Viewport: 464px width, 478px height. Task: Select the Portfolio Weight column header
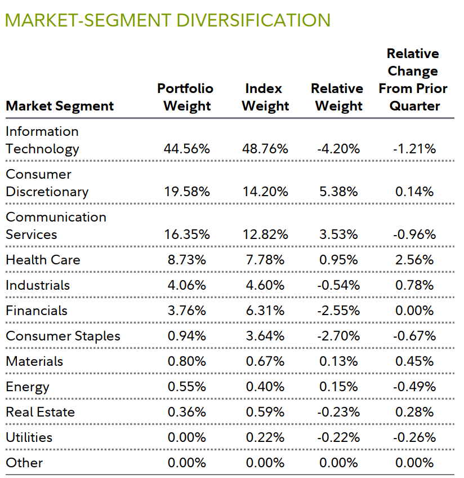[186, 97]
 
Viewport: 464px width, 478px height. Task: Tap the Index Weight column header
[265, 97]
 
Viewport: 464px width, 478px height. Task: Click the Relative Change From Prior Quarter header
[413, 79]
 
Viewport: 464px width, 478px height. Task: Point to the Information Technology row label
[42, 140]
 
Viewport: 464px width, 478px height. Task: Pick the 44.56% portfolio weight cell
[187, 149]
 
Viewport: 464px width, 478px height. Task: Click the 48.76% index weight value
[265, 149]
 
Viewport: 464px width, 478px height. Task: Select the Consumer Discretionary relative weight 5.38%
[338, 192]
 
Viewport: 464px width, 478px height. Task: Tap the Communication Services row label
[56, 225]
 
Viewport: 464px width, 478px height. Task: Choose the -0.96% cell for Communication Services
[414, 234]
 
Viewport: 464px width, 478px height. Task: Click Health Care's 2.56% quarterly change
[414, 260]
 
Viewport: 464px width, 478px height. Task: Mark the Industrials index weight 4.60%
[265, 285]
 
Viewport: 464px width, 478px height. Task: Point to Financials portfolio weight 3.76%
[187, 311]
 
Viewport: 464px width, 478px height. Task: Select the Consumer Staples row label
[63, 336]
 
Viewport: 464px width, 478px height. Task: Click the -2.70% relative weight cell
[338, 336]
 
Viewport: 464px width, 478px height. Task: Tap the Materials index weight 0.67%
[265, 361]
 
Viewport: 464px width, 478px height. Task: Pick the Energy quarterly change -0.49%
[414, 387]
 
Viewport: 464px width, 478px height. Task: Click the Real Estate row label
[40, 412]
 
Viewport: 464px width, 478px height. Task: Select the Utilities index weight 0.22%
[265, 437]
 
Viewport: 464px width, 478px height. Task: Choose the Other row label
[24, 463]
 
